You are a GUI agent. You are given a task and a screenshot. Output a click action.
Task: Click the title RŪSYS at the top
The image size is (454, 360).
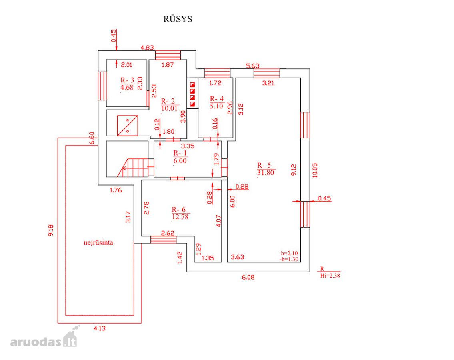click(x=178, y=19)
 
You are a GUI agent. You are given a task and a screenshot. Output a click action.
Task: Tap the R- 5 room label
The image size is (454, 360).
click(x=264, y=165)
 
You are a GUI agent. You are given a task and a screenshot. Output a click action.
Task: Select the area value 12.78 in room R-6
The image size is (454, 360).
click(x=180, y=217)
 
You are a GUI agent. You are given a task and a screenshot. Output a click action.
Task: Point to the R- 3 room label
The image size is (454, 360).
click(x=127, y=80)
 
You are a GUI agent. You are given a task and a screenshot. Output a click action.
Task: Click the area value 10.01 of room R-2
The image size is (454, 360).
click(x=169, y=108)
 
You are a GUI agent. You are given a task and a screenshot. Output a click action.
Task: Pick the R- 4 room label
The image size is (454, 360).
click(x=216, y=99)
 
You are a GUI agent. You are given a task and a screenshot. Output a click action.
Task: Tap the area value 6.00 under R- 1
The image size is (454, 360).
click(x=180, y=161)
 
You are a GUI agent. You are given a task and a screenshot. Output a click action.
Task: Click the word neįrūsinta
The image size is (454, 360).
click(x=98, y=243)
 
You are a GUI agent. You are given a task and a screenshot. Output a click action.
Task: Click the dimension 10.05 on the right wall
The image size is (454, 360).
click(x=315, y=170)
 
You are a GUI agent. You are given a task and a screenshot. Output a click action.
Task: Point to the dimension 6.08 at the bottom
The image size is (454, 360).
click(x=248, y=277)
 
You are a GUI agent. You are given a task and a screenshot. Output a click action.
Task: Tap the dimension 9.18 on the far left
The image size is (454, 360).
click(x=51, y=230)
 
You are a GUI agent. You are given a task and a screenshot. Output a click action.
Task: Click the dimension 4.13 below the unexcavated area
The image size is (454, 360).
click(x=100, y=328)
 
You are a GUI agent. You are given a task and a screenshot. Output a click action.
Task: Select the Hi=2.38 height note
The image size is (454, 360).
click(x=330, y=276)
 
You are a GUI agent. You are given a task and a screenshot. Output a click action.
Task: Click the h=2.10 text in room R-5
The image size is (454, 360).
click(x=289, y=253)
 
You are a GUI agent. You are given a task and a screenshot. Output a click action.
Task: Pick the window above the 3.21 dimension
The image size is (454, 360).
click(x=267, y=73)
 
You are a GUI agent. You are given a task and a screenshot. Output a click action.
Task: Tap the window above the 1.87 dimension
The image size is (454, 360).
click(x=168, y=55)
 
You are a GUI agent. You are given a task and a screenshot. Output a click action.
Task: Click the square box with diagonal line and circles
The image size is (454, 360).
click(x=127, y=126)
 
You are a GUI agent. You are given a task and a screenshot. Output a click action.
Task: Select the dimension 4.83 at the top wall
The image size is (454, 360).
click(x=147, y=48)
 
